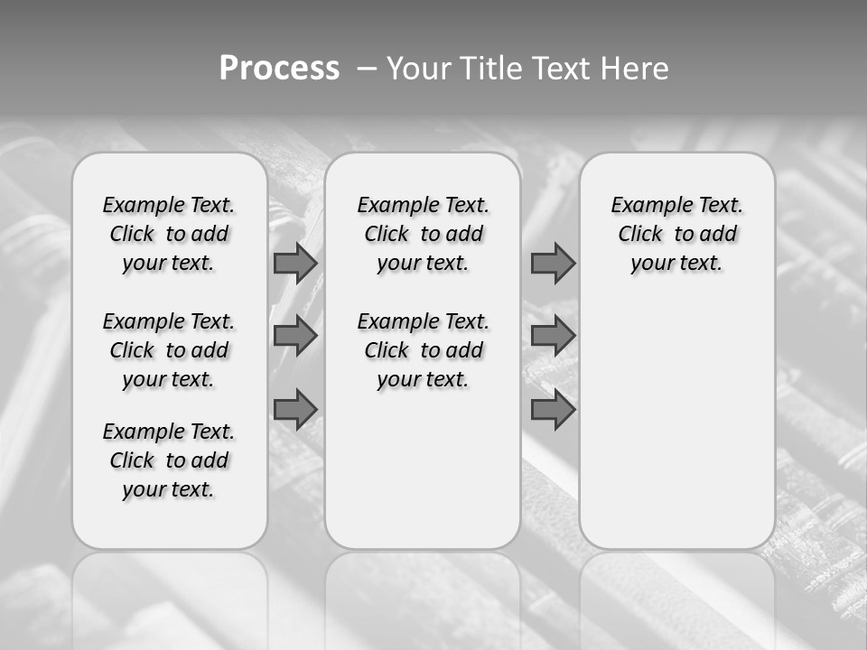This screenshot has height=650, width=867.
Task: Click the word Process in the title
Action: [279, 69]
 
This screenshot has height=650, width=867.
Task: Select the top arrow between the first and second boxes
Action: [294, 263]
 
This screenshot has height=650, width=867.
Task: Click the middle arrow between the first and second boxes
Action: [294, 336]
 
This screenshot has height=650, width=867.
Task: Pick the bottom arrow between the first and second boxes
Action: [294, 410]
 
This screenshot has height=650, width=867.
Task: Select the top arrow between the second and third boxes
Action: [553, 263]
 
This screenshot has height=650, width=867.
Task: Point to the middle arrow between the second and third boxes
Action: [553, 336]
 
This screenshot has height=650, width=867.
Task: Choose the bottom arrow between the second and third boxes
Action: [553, 410]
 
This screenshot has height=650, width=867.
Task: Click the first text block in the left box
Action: [169, 234]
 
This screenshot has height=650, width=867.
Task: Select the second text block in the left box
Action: [169, 350]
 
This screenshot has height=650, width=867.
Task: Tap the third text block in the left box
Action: [169, 460]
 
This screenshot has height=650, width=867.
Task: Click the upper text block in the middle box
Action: [423, 234]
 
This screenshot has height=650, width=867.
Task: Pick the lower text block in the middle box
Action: [423, 350]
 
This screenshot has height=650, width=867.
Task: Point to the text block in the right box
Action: [676, 234]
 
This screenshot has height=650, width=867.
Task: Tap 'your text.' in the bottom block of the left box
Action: [169, 489]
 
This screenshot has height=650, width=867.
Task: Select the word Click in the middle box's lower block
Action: [387, 350]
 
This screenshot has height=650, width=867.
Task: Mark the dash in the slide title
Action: [367, 69]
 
